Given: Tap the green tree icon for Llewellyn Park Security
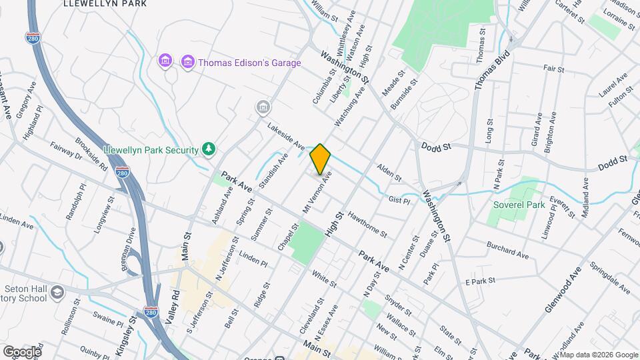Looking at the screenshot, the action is click(209, 148).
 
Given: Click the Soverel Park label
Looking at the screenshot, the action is click(519, 205).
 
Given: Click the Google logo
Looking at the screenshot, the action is click(21, 351).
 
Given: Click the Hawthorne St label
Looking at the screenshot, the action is click(367, 223).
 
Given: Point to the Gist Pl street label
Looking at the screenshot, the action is click(399, 199).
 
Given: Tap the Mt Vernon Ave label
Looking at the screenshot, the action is click(317, 194).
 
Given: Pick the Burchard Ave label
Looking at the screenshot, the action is click(508, 250).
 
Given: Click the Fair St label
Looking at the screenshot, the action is click(553, 69).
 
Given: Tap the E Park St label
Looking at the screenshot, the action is click(482, 283).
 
